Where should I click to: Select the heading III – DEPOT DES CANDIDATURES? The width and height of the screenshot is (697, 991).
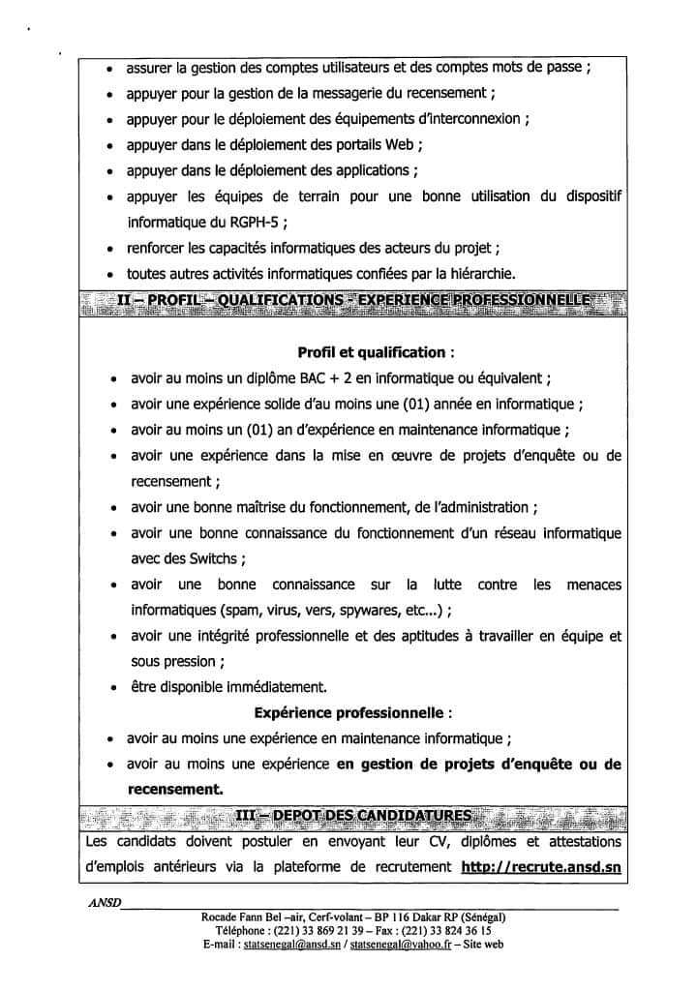pyautogui.click(x=353, y=816)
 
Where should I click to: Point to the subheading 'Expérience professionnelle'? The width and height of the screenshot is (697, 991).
pyautogui.click(x=352, y=713)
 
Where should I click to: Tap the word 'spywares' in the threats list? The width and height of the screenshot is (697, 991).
pyautogui.click(x=370, y=611)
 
